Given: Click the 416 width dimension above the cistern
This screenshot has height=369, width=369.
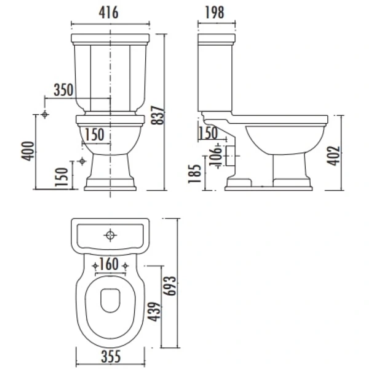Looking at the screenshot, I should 111,12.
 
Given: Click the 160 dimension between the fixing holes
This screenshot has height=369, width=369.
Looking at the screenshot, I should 109,265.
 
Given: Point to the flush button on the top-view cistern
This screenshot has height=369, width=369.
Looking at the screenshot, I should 110,234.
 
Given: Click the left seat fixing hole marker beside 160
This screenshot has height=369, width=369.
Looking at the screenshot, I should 95,266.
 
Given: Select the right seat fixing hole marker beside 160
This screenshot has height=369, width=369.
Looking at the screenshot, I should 125,266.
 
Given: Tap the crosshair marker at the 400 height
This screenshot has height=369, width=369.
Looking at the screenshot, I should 46,115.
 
